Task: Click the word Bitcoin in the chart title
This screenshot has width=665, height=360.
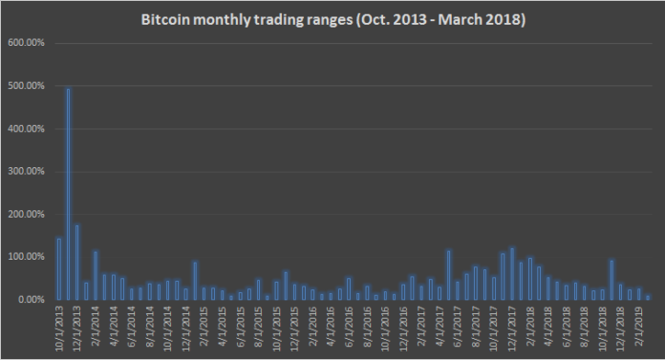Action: (163, 19)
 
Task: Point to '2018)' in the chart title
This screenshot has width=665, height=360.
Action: (504, 19)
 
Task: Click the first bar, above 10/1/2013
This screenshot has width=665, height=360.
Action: (58, 268)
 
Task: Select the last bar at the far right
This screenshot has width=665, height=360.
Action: (648, 297)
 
